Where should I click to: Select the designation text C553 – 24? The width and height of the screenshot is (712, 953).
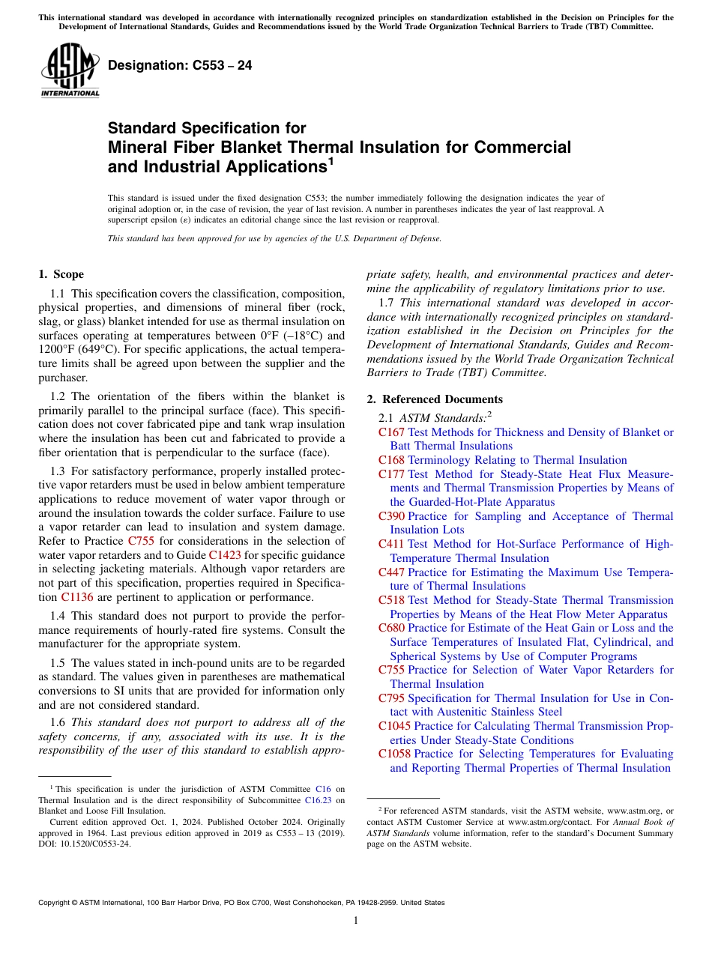point(180,66)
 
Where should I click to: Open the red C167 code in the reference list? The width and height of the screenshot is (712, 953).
point(391,432)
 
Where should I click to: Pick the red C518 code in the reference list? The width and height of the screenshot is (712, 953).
point(391,600)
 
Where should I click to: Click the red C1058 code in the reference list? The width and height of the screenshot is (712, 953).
point(394,754)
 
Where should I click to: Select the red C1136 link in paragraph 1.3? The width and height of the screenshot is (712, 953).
point(76,597)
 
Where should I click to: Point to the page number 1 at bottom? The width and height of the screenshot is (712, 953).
point(356,920)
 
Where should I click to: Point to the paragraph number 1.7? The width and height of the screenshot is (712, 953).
point(387,302)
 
